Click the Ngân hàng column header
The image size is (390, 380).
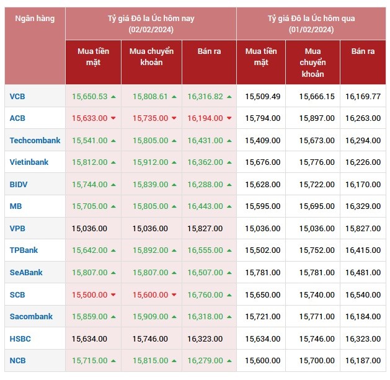pyautogui.click(x=35, y=19)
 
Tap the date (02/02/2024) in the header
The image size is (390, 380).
pyautogui.click(x=151, y=30)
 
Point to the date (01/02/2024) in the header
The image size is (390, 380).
pyautogui.click(x=311, y=30)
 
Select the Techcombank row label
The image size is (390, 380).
pyautogui.click(x=35, y=141)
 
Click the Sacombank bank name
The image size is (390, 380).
pyautogui.click(x=31, y=317)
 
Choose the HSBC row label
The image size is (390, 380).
pyautogui.click(x=20, y=339)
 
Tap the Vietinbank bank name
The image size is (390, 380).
pyautogui.click(x=30, y=162)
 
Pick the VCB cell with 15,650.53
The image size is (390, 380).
pyautogui.click(x=89, y=97)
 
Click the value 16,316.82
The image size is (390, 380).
pyautogui.click(x=205, y=97)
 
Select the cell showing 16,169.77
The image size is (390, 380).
pyautogui.click(x=363, y=97)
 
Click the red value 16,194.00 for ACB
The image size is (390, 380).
pyautogui.click(x=205, y=118)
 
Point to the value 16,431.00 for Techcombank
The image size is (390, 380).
pyautogui.click(x=205, y=141)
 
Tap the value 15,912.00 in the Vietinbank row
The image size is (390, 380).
pyautogui.click(x=147, y=162)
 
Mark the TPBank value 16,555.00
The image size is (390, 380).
pyautogui.click(x=205, y=250)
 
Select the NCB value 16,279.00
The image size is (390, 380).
pyautogui.click(x=205, y=361)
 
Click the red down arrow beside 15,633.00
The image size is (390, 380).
pyautogui.click(x=113, y=118)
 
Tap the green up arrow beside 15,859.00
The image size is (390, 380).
pyautogui.click(x=113, y=317)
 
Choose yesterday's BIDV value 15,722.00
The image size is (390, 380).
pyautogui.click(x=317, y=185)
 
